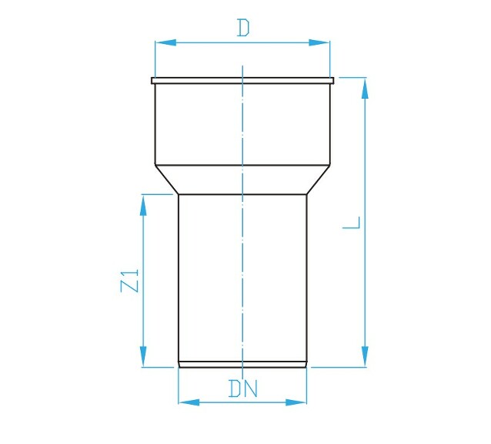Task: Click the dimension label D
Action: [243, 29]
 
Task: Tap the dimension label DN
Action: [242, 388]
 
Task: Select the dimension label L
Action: [352, 224]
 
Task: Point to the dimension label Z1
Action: [131, 281]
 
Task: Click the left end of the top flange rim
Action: [152, 80]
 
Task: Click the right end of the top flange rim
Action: [333, 80]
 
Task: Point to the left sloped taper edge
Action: [167, 180]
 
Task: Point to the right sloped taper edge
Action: [319, 180]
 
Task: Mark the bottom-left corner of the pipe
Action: [179, 367]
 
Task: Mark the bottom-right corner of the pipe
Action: [309, 367]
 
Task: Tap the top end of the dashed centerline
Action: [243, 68]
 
